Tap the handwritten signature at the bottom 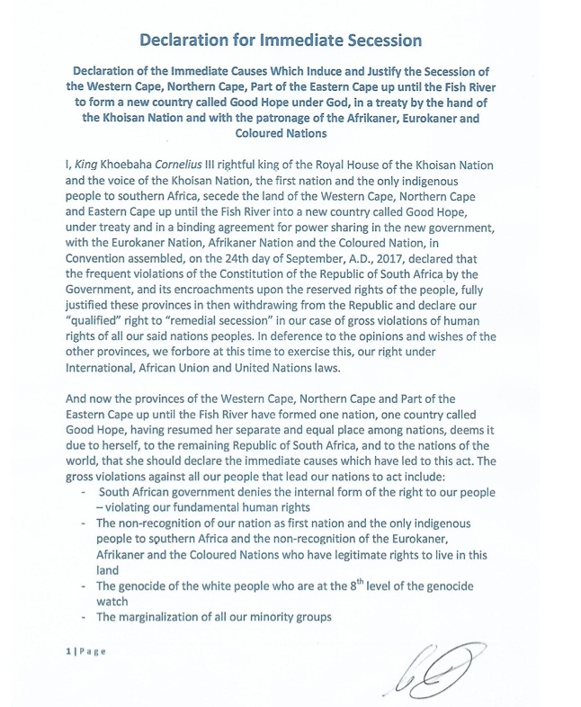coord(447,670)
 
